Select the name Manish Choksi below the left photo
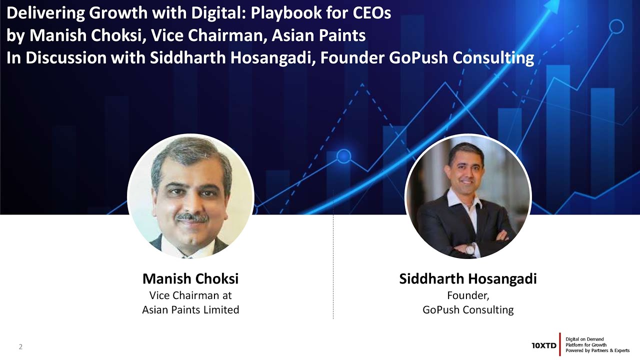190,278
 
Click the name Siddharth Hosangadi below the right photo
467,278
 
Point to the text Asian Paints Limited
190,310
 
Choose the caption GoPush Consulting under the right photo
468,310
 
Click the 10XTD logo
543,345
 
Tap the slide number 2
21,346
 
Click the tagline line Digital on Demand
584,339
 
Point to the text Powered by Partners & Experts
597,350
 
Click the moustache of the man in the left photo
192,217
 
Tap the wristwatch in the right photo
470,248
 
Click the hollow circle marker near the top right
616,26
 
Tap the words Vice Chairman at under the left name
190,295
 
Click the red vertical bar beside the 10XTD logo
560,344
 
